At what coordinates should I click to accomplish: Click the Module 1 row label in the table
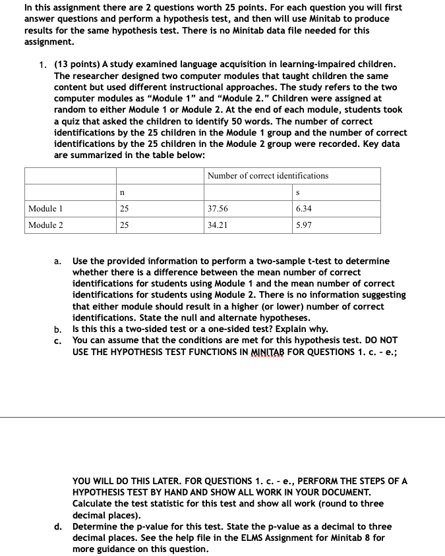[x=45, y=209]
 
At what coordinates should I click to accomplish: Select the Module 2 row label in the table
[x=45, y=225]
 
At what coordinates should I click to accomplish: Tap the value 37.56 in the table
[x=218, y=209]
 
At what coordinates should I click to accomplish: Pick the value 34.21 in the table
[x=218, y=225]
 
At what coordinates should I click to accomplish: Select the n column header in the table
[x=123, y=192]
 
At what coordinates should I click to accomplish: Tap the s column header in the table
[x=300, y=192]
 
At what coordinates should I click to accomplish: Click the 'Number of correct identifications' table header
[x=268, y=175]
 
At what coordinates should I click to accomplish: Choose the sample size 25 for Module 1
[x=125, y=209]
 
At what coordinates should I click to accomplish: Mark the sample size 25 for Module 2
[x=125, y=225]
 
